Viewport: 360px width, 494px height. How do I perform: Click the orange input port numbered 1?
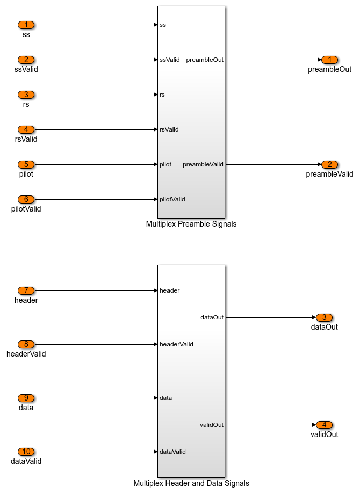26,25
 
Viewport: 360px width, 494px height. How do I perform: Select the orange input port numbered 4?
26,129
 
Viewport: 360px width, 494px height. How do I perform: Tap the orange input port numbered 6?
26,199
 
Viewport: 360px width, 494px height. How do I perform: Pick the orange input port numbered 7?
26,290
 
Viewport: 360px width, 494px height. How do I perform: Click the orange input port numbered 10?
26,452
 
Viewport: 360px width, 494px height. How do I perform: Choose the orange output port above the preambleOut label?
329,60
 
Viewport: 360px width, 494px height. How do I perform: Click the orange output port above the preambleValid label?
329,164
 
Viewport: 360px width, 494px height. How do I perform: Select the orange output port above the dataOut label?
324,317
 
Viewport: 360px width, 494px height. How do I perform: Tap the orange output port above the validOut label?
324,425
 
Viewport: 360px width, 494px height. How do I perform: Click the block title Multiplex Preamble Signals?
191,224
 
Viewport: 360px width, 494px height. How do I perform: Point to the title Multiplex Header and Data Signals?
191,483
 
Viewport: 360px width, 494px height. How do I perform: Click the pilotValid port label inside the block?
172,199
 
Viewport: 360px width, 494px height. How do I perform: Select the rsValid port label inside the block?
169,129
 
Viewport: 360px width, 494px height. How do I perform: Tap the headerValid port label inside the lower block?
176,344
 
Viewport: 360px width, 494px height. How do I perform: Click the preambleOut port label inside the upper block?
205,60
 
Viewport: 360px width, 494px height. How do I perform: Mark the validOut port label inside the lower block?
212,425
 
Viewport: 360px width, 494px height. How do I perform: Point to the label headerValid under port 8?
26,354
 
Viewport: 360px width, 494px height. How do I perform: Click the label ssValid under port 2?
26,69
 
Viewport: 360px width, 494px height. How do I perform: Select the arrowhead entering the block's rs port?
155,95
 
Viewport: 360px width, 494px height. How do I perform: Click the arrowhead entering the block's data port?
155,398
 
